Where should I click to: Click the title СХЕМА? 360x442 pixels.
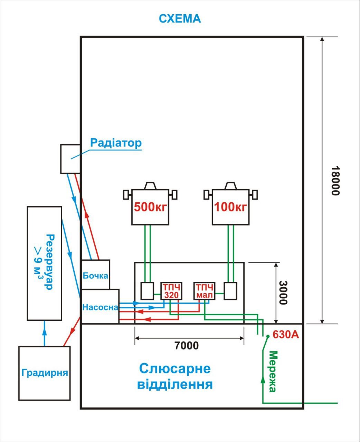click(x=180, y=19)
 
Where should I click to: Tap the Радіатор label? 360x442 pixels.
click(x=116, y=143)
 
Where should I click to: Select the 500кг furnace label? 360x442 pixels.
click(x=150, y=207)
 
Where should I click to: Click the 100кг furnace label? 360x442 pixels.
click(x=230, y=207)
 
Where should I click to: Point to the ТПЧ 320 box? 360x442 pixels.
click(x=171, y=291)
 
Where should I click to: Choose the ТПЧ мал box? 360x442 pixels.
click(x=204, y=291)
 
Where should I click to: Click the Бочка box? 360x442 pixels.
click(x=95, y=275)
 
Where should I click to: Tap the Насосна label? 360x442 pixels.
click(x=100, y=307)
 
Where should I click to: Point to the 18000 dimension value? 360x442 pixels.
click(x=335, y=181)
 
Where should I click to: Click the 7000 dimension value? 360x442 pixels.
click(x=187, y=346)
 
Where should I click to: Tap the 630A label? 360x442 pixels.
click(x=286, y=334)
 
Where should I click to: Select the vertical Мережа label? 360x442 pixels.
click(x=273, y=372)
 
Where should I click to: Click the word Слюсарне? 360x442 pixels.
click(x=175, y=368)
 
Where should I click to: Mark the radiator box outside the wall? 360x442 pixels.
click(x=70, y=159)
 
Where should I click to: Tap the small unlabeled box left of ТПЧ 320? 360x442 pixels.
click(x=147, y=291)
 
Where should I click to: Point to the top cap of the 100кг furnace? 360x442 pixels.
click(x=231, y=185)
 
